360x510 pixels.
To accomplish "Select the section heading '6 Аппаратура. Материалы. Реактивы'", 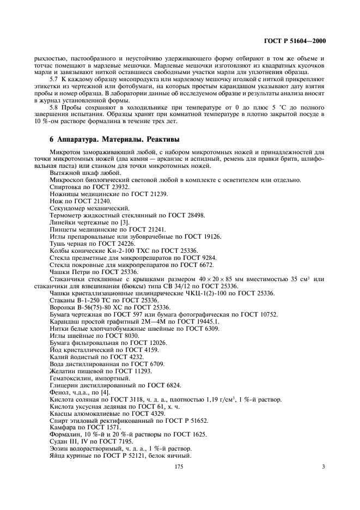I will (x=114, y=139).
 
